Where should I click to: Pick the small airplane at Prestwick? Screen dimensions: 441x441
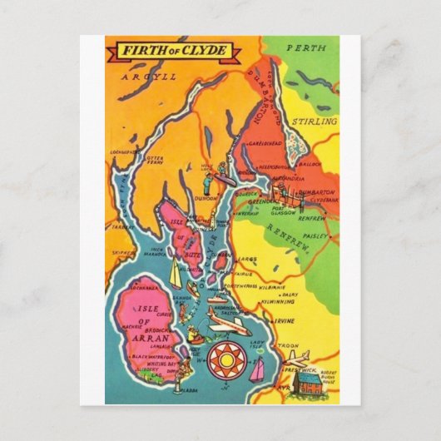tap(296, 357)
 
